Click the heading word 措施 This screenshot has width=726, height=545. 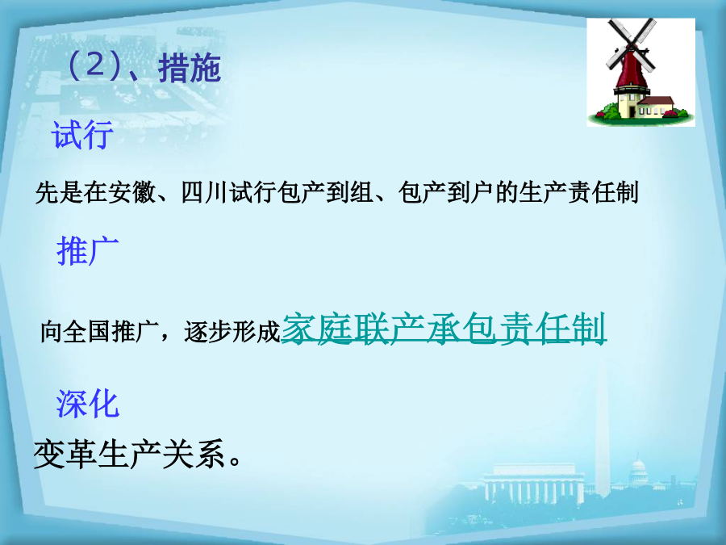[190, 68]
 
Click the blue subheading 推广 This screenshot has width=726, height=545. [87, 251]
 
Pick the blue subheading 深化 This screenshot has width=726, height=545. [87, 404]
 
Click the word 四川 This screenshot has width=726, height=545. [204, 192]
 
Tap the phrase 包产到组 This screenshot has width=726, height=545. [324, 192]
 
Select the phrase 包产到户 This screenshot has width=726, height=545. [445, 192]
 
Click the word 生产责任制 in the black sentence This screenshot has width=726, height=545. [578, 192]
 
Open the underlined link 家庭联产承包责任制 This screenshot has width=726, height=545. [444, 329]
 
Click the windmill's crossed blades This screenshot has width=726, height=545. [631, 44]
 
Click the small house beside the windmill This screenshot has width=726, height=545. [655, 107]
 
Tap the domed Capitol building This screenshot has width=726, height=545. [639, 472]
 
